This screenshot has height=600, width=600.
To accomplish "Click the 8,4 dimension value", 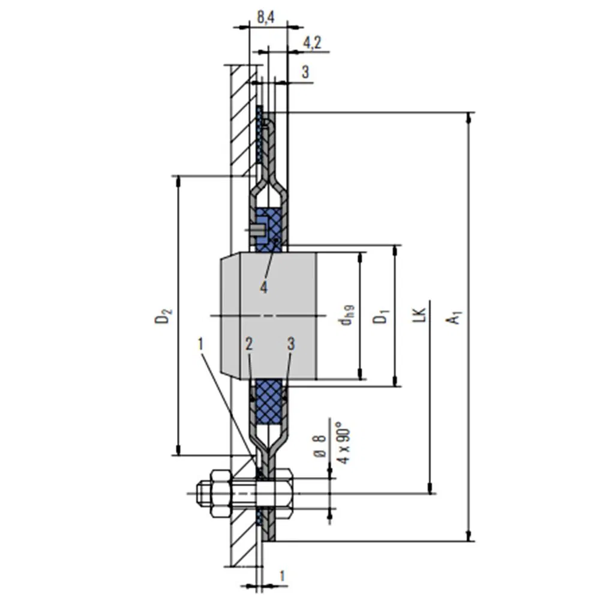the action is point(266,17).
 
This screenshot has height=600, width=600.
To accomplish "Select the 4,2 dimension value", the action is point(312,43).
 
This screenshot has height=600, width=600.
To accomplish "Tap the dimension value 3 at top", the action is point(305,72).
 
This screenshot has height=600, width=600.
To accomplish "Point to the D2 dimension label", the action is point(163,316).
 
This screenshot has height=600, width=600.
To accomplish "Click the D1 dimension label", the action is point(381,316).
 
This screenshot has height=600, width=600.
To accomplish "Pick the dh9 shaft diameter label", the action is point(347,315).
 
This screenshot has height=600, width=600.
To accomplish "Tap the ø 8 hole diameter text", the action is point(320,446).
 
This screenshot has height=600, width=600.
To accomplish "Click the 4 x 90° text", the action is point(343,443).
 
